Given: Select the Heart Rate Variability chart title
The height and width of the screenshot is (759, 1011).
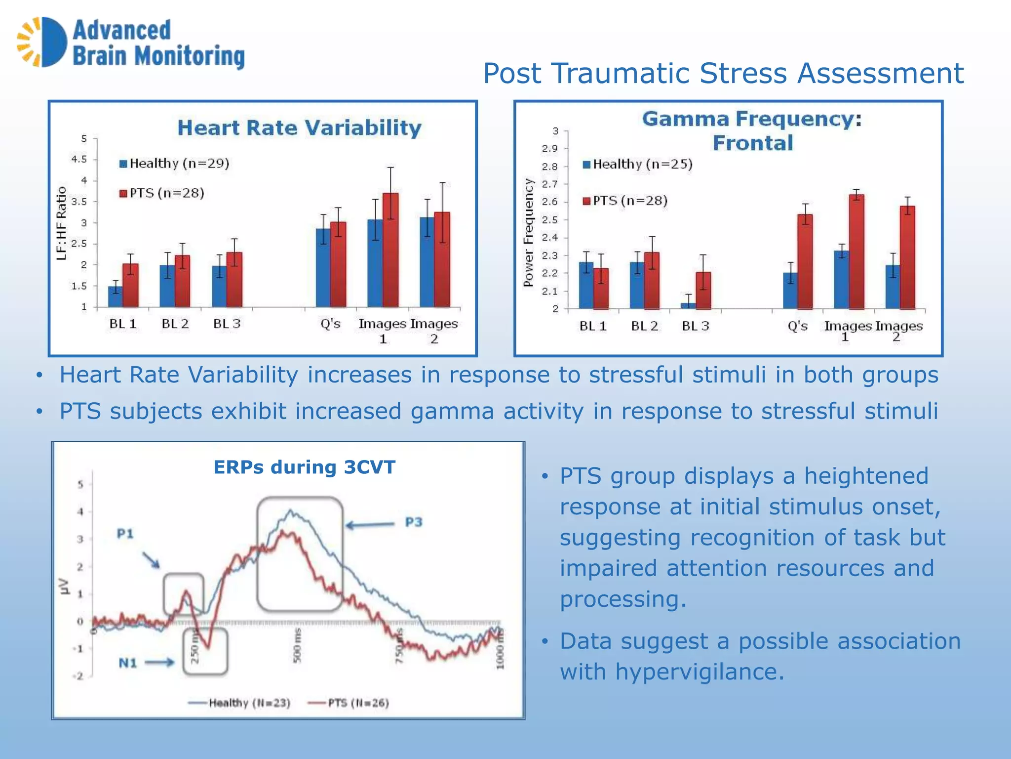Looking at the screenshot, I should point(299,128).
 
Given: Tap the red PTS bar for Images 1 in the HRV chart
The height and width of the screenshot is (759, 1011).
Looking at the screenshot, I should point(390,250).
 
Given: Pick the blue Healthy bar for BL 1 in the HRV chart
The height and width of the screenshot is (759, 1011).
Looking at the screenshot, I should point(115,296).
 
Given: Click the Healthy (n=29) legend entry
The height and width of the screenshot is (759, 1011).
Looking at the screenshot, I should point(175,164).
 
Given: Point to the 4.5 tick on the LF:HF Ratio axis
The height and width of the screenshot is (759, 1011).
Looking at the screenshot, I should point(79,159).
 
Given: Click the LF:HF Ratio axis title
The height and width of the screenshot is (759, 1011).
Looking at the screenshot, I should point(61,223).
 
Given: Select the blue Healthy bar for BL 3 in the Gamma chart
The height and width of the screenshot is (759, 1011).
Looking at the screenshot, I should point(688,306).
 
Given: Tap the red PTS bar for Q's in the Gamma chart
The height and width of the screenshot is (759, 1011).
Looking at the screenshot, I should point(805,261).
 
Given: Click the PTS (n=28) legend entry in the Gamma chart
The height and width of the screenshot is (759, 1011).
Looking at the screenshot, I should point(625,201).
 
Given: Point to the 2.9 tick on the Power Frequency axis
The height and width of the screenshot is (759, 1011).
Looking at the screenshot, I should point(549,149).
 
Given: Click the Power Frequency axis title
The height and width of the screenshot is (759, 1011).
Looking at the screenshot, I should point(529,232).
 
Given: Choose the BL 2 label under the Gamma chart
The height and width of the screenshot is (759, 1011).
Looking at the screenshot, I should point(644,326).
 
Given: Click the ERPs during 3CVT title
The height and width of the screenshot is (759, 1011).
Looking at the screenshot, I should point(304,467).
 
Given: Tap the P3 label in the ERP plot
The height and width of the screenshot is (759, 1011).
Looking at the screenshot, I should point(414,522).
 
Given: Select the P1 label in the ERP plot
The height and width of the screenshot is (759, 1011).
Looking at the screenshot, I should point(125,534).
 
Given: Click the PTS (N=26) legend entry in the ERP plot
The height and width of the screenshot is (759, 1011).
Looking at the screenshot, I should point(349,703).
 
